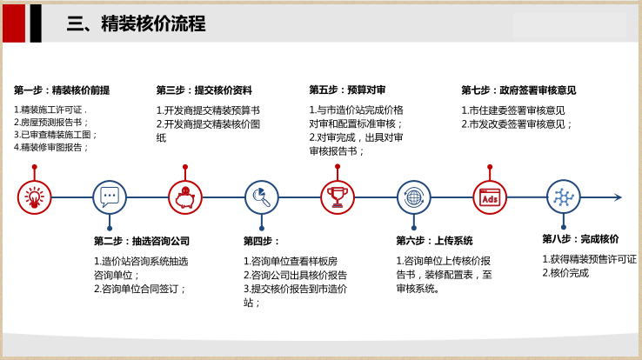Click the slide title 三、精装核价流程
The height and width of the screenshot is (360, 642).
click(136, 23)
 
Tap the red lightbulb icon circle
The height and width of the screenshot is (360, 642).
click(35, 197)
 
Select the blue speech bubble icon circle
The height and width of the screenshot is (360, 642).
click(110, 197)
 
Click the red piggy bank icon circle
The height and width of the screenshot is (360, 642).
click(185, 197)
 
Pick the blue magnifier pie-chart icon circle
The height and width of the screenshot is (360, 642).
click(261, 197)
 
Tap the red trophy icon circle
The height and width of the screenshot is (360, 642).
click(338, 197)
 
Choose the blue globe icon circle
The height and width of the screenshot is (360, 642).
click(414, 197)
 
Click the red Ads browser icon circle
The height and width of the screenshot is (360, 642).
click(490, 197)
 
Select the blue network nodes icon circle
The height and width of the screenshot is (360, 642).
click(564, 197)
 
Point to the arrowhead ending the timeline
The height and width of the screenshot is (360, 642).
click(618, 197)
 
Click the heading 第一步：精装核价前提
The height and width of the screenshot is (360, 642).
click(62, 90)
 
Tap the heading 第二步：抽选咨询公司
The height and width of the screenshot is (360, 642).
click(142, 241)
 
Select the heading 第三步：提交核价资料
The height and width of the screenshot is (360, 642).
click(204, 90)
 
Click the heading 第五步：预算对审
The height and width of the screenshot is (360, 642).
click(347, 90)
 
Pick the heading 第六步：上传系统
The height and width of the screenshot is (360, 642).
click(434, 241)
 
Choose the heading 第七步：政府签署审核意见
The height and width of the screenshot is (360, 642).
click(518, 90)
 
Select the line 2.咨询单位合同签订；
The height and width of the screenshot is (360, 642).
click(141, 289)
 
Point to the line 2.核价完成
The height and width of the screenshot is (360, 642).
click(565, 273)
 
